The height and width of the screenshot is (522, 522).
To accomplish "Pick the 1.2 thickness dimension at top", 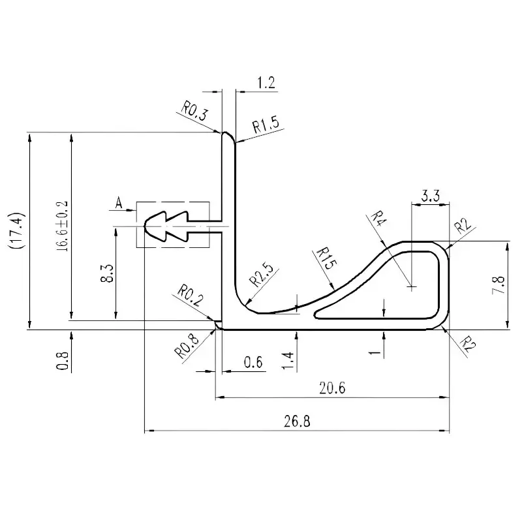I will (x=266, y=83).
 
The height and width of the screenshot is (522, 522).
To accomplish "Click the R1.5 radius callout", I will (x=266, y=125).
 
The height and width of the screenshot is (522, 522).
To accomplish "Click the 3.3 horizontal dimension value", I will (x=430, y=194).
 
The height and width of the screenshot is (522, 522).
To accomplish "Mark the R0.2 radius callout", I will (x=189, y=296).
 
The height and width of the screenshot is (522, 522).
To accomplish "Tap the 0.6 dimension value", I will (x=253, y=362).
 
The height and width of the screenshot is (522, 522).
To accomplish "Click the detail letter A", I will (x=118, y=203).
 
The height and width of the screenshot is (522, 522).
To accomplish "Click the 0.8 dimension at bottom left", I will (x=63, y=360).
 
